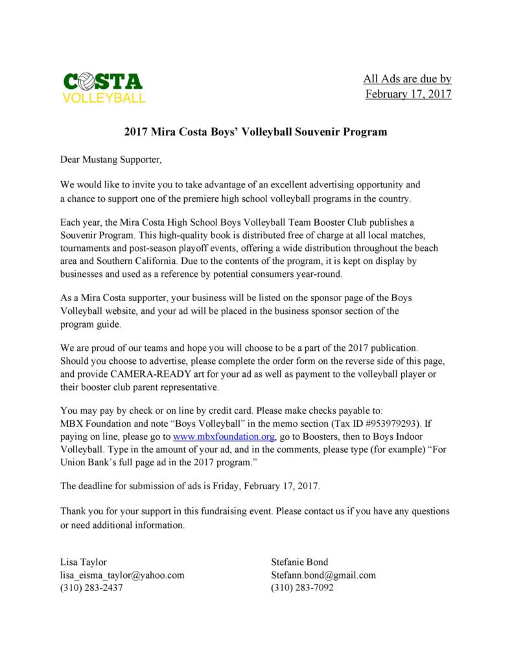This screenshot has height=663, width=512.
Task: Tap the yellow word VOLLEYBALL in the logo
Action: (x=103, y=99)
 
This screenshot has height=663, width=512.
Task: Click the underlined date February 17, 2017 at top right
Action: (x=408, y=95)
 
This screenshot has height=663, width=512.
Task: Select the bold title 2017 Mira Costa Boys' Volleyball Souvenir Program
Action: (x=255, y=132)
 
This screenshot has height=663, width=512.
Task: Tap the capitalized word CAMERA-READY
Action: (x=148, y=374)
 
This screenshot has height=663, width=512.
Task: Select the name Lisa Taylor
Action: (x=84, y=562)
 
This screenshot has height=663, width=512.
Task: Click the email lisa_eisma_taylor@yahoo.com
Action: (x=122, y=575)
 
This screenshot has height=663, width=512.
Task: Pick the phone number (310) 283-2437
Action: (x=91, y=588)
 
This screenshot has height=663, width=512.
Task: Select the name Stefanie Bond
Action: (x=300, y=562)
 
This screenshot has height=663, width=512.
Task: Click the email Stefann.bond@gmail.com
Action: (x=323, y=575)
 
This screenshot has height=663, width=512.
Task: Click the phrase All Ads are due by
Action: (x=406, y=79)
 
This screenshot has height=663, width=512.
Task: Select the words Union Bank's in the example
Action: (x=90, y=463)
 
